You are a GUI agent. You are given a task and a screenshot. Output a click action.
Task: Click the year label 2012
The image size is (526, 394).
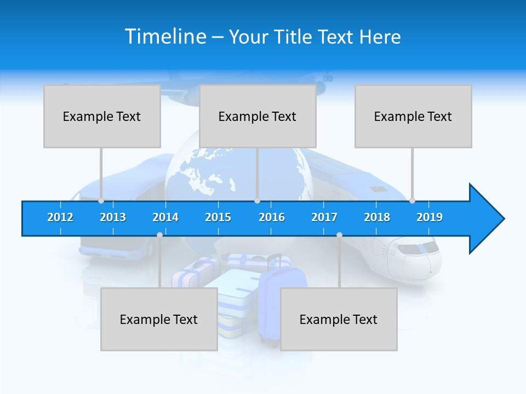[60, 217]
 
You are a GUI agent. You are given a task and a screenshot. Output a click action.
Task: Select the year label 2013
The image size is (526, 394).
[113, 217]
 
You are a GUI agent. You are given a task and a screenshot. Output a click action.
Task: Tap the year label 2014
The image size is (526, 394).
[165, 217]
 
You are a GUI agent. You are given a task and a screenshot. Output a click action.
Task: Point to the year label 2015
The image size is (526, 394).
[218, 217]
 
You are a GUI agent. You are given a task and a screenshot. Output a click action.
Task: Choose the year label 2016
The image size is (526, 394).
[272, 217]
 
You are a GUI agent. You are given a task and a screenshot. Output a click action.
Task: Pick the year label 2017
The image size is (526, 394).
[324, 217]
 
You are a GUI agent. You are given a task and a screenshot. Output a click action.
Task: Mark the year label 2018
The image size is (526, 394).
[377, 217]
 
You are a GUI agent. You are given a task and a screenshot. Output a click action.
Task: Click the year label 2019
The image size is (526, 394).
[430, 217]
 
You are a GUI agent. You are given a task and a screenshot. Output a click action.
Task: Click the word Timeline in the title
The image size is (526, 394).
[165, 37]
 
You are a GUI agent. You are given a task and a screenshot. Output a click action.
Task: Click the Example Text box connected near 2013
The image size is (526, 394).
[102, 116]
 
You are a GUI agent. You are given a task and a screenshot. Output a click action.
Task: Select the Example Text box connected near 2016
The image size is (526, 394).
[258, 116]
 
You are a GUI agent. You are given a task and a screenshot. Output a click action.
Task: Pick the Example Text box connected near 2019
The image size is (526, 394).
[413, 116]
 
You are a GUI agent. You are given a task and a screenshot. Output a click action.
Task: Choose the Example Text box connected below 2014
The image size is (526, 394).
[159, 319]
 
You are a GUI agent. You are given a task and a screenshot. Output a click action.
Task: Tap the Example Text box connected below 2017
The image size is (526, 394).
[339, 319]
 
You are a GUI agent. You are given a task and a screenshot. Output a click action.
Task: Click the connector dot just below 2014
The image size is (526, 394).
[159, 235]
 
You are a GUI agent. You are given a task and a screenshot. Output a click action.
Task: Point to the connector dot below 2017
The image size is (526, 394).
[339, 235]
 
